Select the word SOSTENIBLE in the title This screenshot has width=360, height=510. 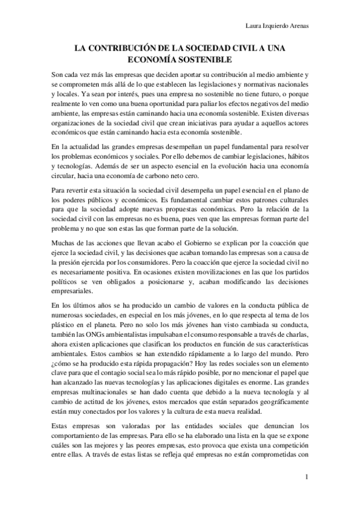coord(205,60)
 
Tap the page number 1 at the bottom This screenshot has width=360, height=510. coord(307,477)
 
